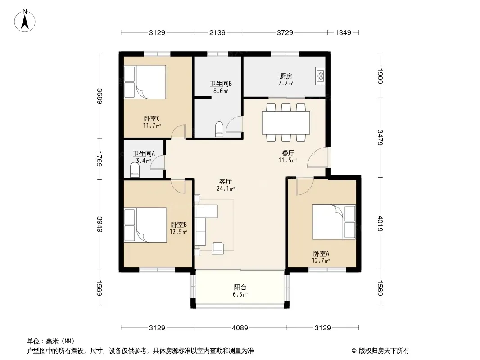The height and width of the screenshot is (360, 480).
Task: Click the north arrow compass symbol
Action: pyautogui.click(x=25, y=21)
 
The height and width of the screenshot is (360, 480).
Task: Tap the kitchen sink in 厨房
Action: pyautogui.click(x=320, y=76)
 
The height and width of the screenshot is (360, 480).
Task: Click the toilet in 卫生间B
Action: pyautogui.click(x=219, y=129)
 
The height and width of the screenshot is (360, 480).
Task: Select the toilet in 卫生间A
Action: pyautogui.click(x=135, y=170)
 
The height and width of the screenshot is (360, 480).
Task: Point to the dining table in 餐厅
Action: pyautogui.click(x=286, y=122)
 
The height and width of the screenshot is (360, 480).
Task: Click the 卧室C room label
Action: pyautogui.click(x=152, y=118)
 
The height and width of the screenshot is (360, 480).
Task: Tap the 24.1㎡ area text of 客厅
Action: pyautogui.click(x=226, y=189)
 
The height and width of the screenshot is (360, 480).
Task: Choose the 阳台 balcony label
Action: pyautogui.click(x=240, y=287)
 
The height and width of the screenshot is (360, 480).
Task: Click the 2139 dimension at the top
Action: pyautogui.click(x=217, y=32)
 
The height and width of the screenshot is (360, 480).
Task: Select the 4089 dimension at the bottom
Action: pyautogui.click(x=240, y=328)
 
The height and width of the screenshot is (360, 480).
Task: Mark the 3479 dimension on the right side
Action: pyautogui.click(x=380, y=138)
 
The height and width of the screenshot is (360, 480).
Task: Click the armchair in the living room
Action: pyautogui.click(x=217, y=248)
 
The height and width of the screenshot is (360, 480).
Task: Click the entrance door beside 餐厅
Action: pyautogui.click(x=319, y=157)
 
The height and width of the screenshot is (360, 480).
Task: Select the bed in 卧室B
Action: pyautogui.click(x=145, y=225)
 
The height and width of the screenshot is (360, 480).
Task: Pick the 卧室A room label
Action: pyautogui.click(x=321, y=253)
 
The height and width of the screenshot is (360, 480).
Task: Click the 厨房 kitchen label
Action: pyautogui.click(x=286, y=76)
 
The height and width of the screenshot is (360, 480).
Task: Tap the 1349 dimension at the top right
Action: pyautogui.click(x=343, y=32)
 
